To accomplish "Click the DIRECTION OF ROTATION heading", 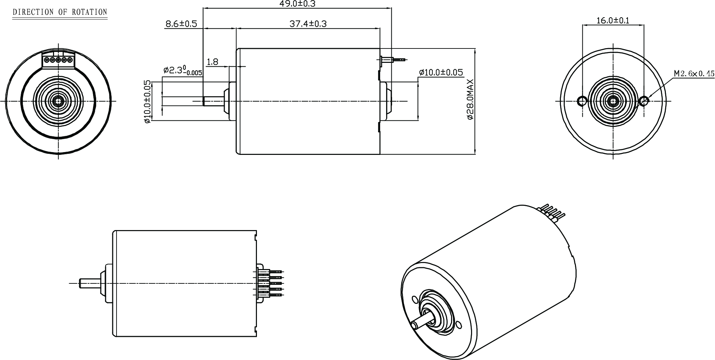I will (x=60, y=12).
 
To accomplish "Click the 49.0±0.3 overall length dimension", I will (x=297, y=4).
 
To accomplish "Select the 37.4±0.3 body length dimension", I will (x=308, y=24).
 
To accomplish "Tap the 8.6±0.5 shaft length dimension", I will (x=181, y=24).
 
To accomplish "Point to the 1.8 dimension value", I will (x=213, y=62).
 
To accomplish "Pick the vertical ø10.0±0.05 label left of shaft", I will (x=147, y=106).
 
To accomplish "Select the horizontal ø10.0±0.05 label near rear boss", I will (x=441, y=73).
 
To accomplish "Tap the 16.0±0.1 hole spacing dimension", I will (x=613, y=20).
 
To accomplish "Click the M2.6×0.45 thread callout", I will (x=694, y=83).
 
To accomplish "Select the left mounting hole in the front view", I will (x=582, y=101).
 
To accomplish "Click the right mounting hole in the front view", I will (x=644, y=101).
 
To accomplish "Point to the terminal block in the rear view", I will (x=58, y=60).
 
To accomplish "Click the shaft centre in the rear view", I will (x=58, y=101).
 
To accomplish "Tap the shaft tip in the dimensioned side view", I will (x=204, y=101).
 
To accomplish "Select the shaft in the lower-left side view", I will (x=90, y=283).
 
